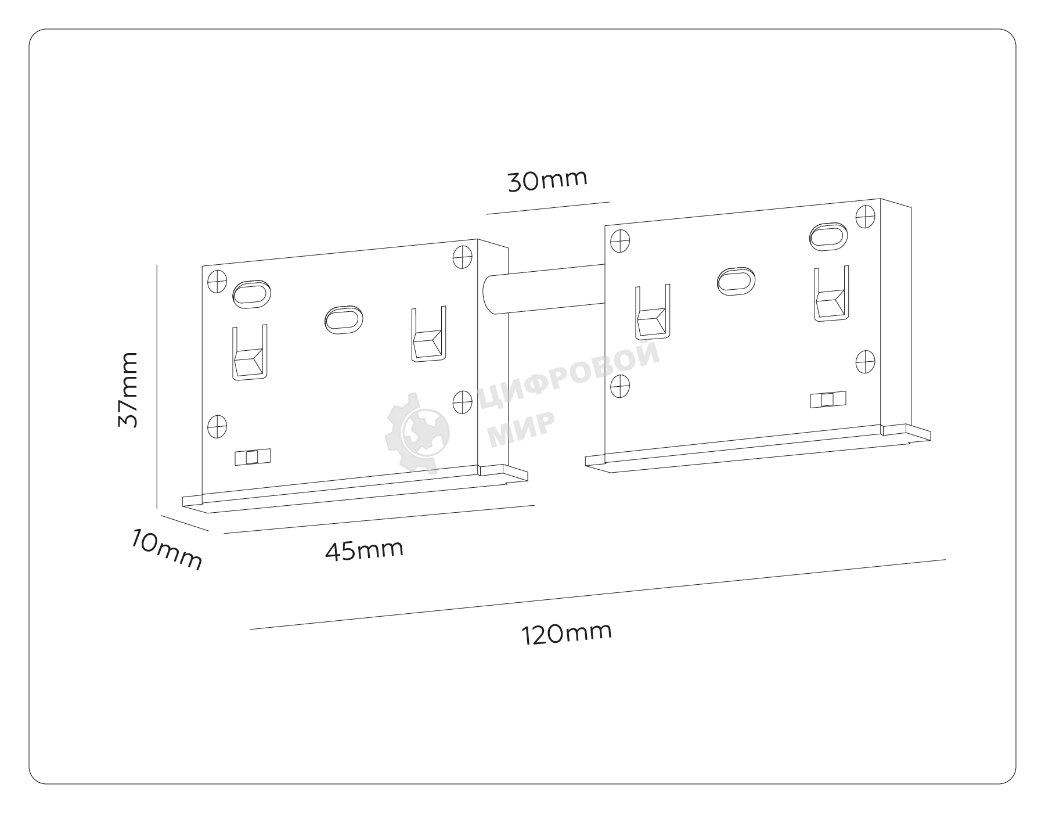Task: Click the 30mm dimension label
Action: click(547, 180)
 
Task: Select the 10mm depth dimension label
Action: click(167, 549)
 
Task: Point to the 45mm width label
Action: click(364, 551)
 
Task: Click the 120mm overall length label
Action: click(567, 634)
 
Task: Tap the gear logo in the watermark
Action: click(417, 431)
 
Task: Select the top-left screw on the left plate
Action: click(217, 281)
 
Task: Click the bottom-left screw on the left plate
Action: click(217, 427)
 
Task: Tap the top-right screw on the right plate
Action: click(866, 216)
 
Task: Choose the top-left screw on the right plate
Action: click(621, 240)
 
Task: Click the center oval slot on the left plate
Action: click(344, 319)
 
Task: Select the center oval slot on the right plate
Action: click(736, 281)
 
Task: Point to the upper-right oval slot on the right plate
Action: click(828, 236)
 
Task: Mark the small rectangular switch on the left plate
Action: click(253, 457)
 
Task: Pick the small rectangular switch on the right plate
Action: click(828, 400)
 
